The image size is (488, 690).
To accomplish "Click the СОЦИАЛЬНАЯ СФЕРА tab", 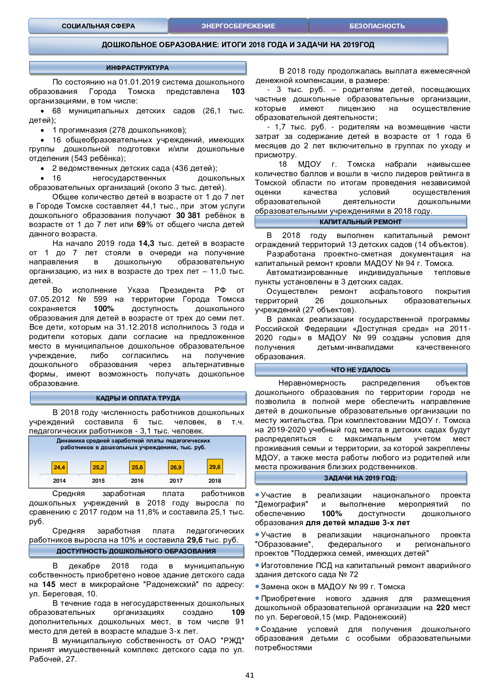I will [x=98, y=26].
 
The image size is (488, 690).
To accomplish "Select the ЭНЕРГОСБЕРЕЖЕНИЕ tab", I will [x=238, y=26].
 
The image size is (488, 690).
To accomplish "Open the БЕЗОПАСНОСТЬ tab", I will [x=377, y=26].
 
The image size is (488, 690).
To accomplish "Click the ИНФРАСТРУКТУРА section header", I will [x=137, y=68].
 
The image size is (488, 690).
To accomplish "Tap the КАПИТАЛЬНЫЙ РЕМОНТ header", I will [x=360, y=222].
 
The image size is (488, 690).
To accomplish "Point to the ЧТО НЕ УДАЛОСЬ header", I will [x=360, y=370].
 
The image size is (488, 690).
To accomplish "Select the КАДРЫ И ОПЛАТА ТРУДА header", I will [x=138, y=398].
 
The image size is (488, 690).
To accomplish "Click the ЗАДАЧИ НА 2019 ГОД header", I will [x=360, y=478].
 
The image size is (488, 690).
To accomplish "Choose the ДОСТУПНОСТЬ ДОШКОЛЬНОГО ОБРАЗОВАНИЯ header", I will [x=136, y=551].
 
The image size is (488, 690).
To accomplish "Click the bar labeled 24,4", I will [x=59, y=467].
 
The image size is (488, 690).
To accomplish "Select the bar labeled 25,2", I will [x=98, y=467].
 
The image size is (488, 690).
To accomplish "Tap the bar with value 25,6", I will [x=137, y=467].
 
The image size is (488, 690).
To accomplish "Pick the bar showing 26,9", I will [x=176, y=467].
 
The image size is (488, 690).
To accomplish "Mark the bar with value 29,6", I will [x=215, y=467].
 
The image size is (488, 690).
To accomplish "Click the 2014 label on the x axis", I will [x=59, y=481].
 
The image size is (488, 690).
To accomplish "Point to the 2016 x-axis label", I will [x=137, y=481].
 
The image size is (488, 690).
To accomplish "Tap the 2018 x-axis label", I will [x=215, y=481].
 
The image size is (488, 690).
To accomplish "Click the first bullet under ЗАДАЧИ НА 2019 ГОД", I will [x=257, y=495].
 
